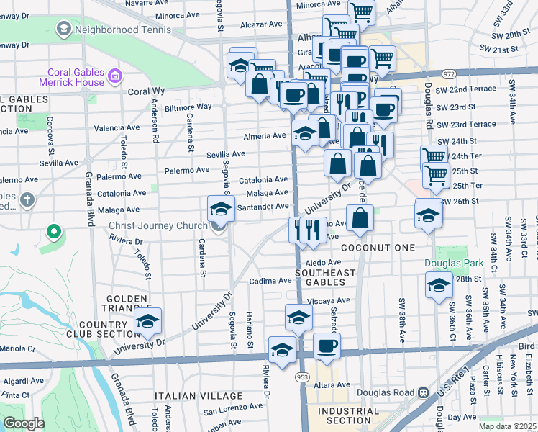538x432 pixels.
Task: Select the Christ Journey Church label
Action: [158, 225]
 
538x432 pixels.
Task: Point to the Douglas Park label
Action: [447, 263]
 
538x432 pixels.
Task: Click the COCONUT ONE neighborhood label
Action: [378, 248]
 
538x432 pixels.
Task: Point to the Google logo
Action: [24, 423]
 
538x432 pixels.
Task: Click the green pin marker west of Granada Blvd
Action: [53, 232]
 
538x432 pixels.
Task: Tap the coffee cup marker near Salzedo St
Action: [327, 346]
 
